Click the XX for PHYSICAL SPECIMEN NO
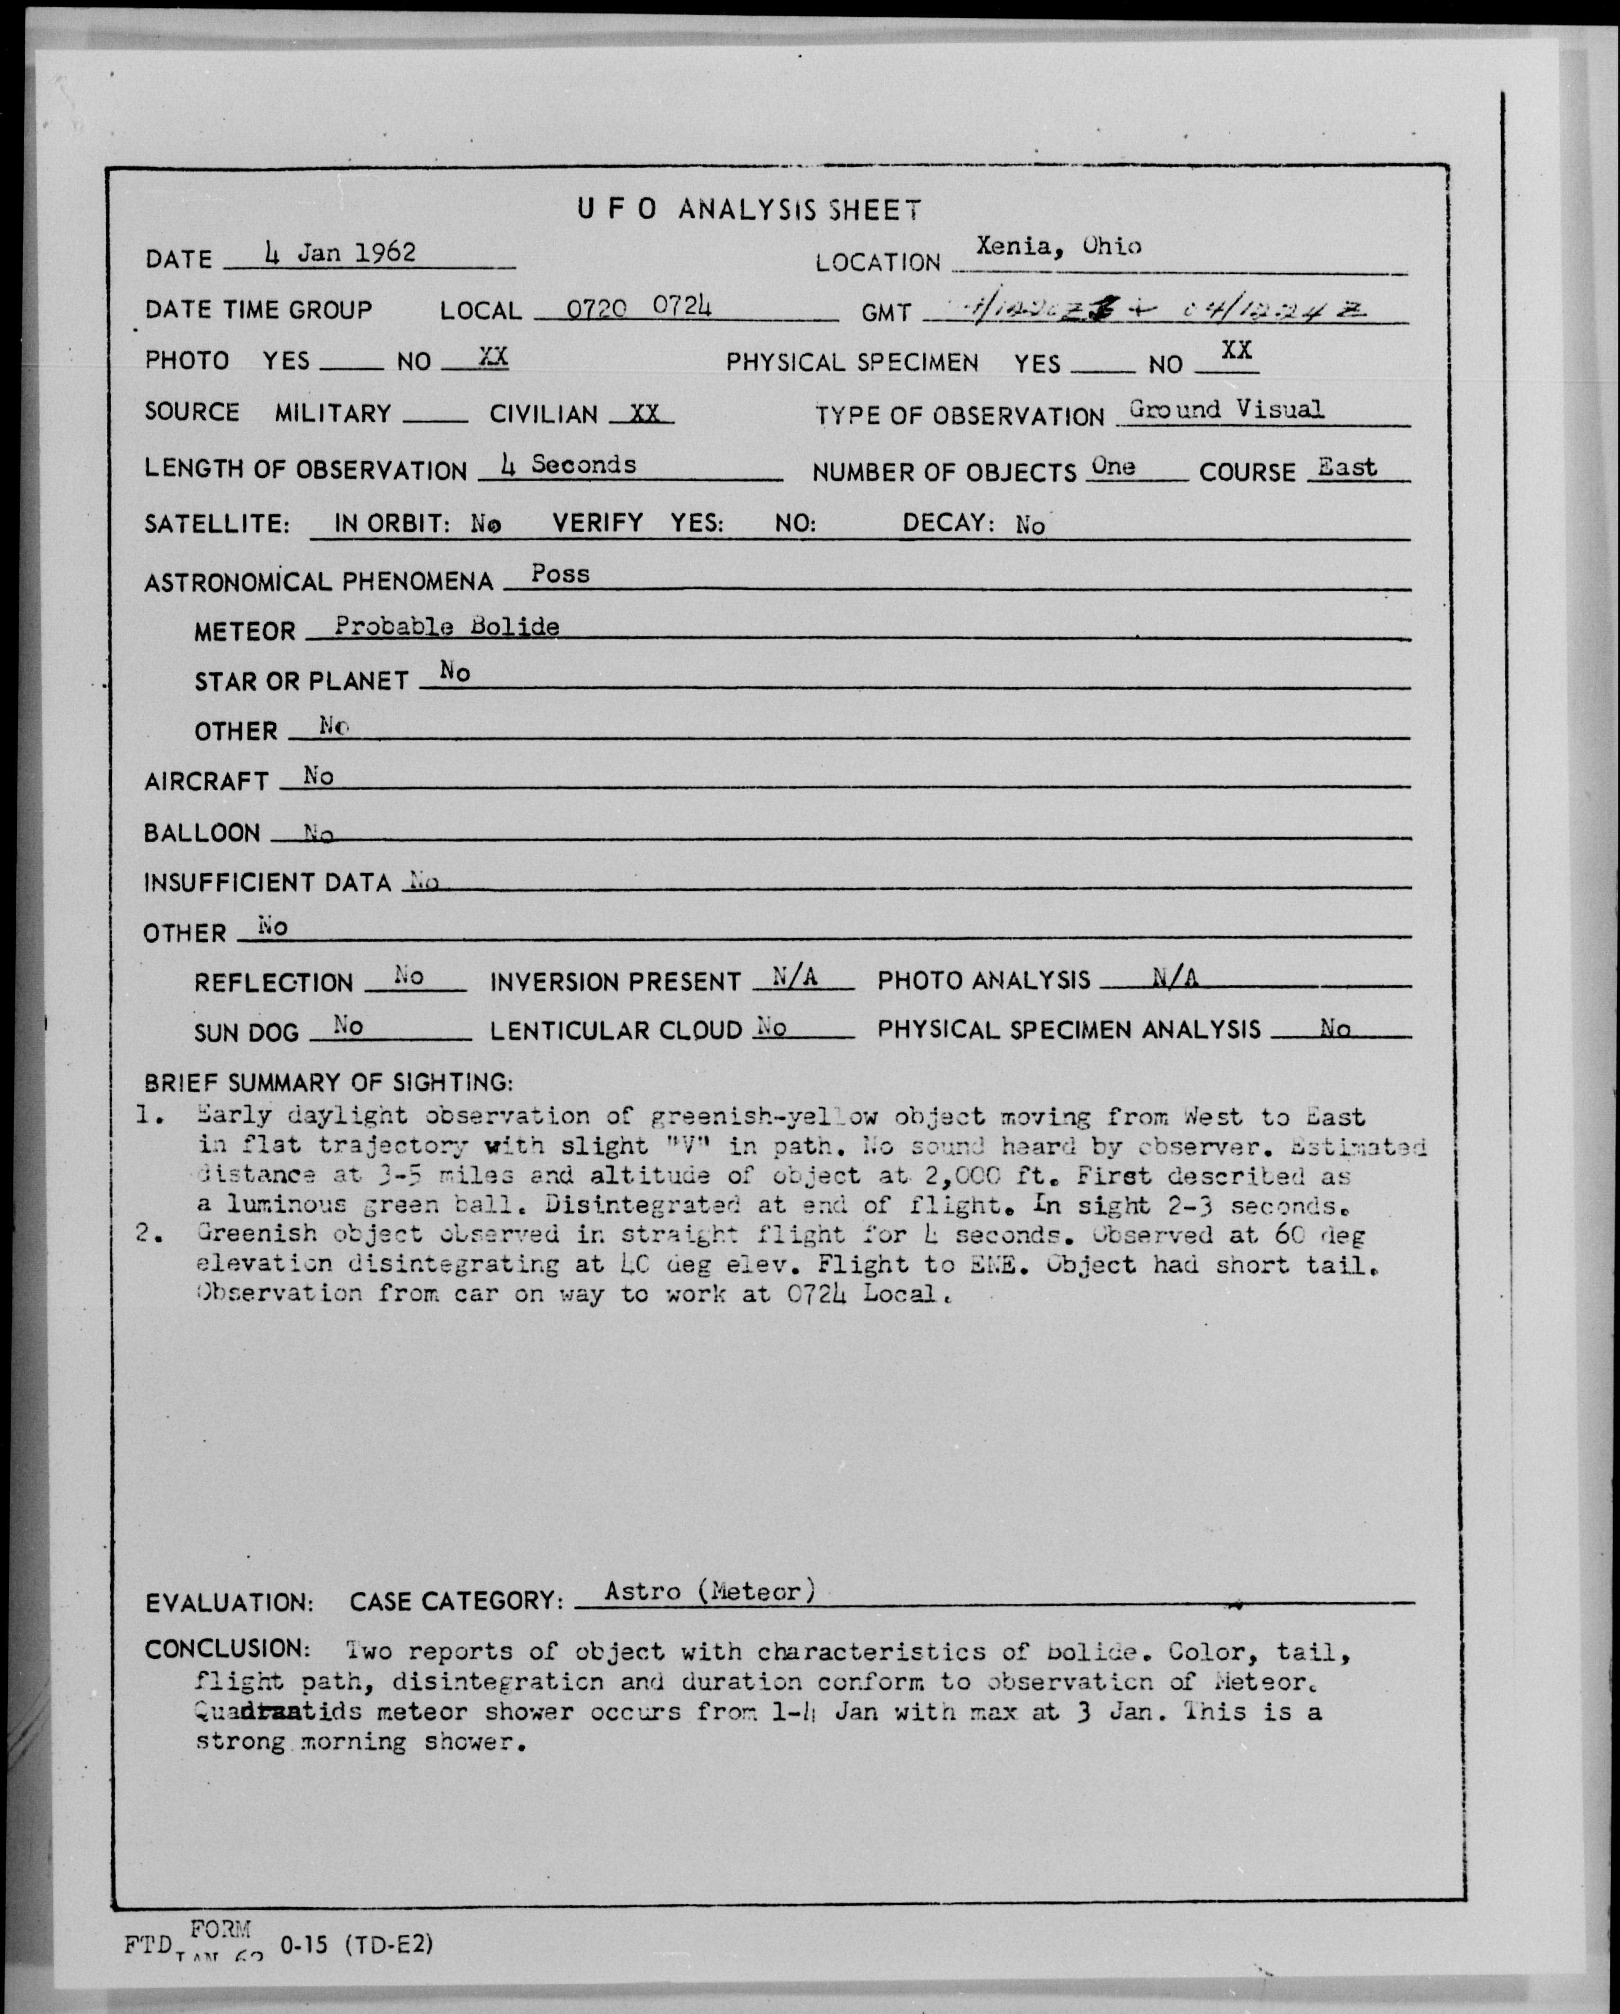coord(1236,351)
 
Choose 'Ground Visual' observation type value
coord(1225,409)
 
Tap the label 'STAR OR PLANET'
coord(301,681)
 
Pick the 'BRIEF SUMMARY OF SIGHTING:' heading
coord(328,1083)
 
